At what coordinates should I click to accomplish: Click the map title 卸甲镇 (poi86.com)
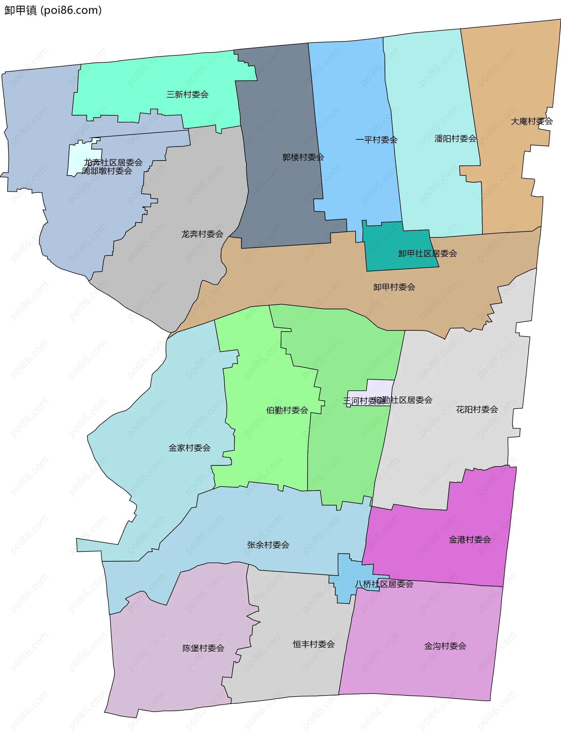coord(53,10)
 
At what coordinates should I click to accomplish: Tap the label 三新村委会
coord(187,94)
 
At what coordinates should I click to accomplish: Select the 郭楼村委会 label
coord(303,157)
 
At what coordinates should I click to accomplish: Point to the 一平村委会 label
coord(376,140)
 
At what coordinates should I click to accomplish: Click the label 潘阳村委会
coord(455,138)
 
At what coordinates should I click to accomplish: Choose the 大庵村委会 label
coord(531,121)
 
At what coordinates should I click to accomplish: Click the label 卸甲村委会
coord(394,287)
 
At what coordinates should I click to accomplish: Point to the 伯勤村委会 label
coord(287,410)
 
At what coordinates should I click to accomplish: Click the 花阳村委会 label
coord(477,409)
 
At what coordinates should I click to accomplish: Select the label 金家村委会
coord(189,448)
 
